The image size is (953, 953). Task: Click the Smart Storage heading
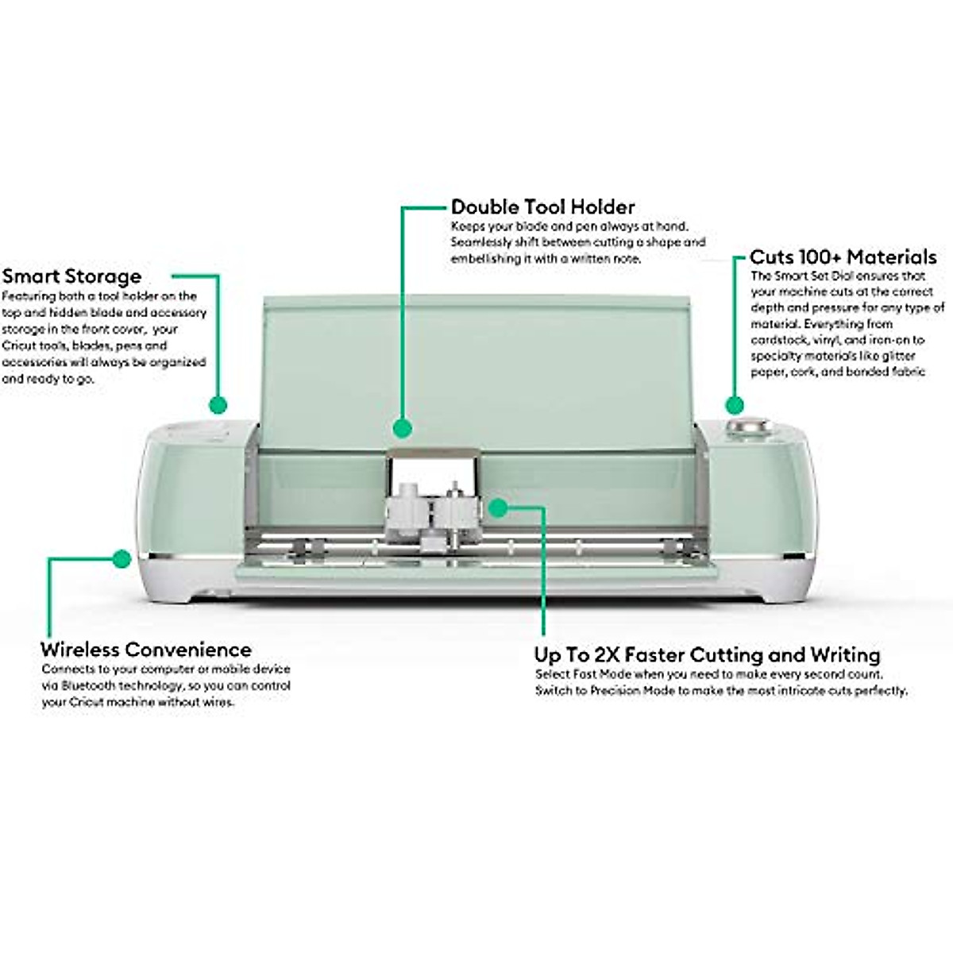[71, 276]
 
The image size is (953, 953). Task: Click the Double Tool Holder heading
[543, 207]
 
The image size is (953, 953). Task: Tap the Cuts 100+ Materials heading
[843, 257]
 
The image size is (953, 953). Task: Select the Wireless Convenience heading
[146, 650]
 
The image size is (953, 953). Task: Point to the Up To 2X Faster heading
[707, 655]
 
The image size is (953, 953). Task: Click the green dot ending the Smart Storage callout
[218, 405]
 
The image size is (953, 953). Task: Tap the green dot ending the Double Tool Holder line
[403, 428]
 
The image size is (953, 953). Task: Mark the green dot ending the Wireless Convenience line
[121, 559]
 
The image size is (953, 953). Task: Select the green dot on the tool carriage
[497, 506]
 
